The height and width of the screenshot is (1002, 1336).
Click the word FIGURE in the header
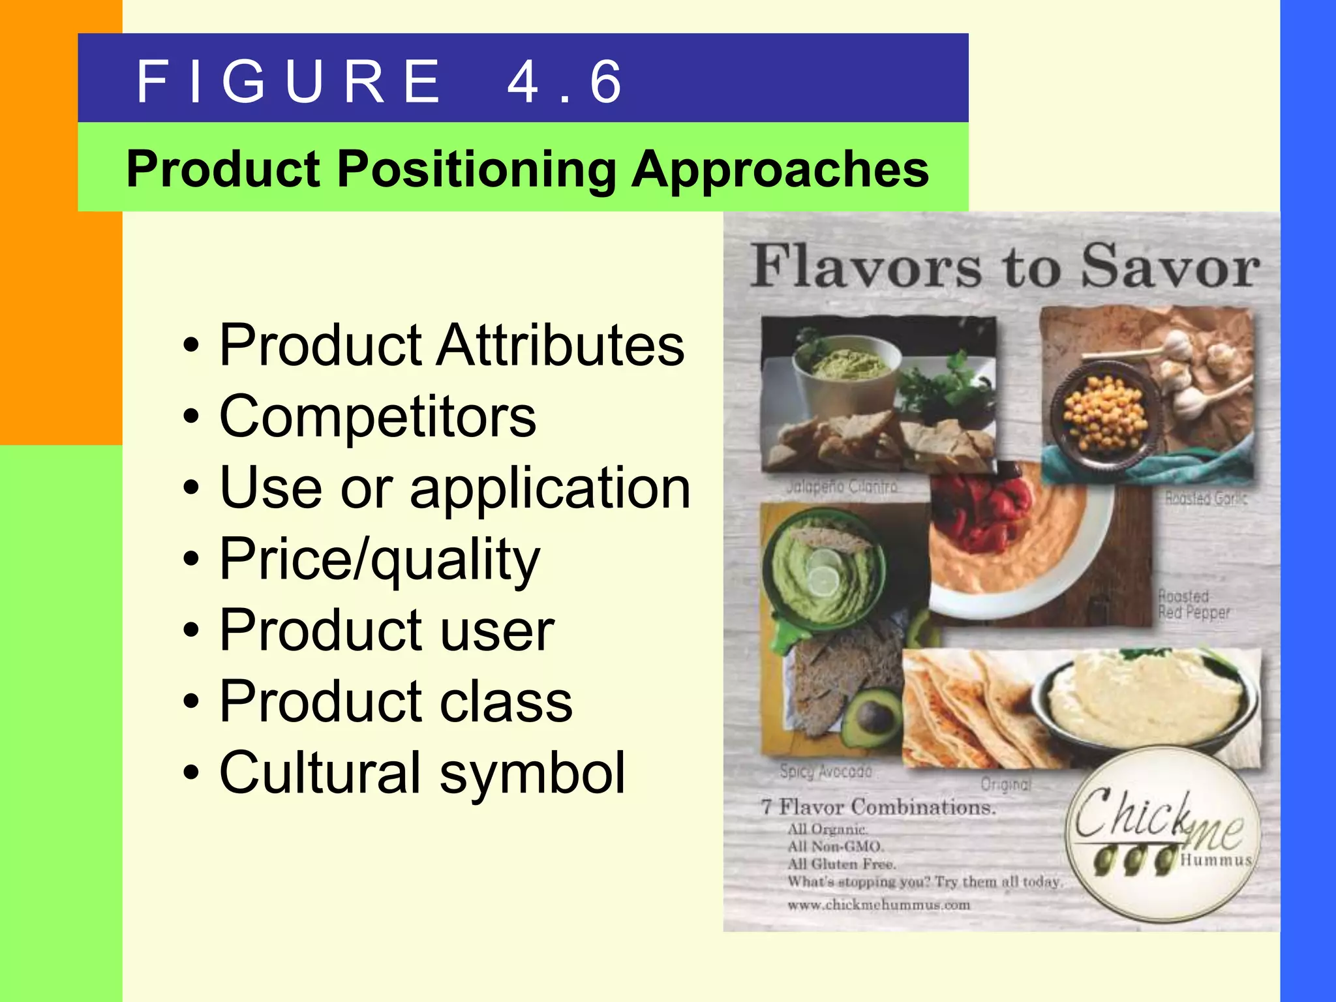pos(289,82)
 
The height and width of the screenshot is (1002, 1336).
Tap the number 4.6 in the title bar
pos(565,82)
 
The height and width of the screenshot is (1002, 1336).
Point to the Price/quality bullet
pos(380,559)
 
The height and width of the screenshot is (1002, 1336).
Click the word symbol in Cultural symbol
pos(532,773)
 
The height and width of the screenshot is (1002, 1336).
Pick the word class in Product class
pos(506,702)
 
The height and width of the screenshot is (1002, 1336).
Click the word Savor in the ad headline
pos(1170,266)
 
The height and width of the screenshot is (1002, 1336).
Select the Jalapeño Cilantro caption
pos(841,487)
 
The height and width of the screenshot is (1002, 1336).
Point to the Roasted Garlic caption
pos(1206,498)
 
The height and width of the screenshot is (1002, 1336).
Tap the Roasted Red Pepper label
pos(1193,604)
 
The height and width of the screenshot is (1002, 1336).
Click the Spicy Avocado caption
pos(825,772)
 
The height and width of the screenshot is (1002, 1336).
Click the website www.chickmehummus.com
pos(878,905)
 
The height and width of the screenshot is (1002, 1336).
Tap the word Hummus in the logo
pos(1216,860)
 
